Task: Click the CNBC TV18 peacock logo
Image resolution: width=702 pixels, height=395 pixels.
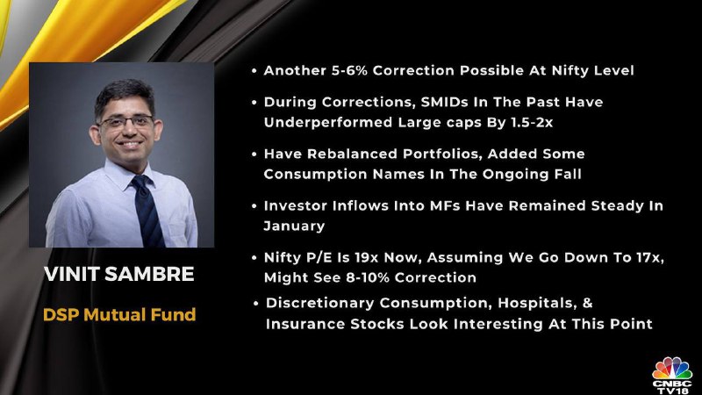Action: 672,376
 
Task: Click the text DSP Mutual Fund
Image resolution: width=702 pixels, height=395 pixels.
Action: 119,314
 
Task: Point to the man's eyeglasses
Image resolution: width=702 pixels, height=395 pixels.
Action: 125,121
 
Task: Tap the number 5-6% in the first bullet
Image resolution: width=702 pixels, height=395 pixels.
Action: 349,70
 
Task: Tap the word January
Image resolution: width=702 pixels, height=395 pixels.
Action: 294,226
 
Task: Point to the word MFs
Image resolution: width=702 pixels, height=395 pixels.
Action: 445,205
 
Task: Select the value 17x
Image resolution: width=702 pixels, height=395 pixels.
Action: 648,258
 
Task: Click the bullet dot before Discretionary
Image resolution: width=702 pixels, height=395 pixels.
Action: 255,304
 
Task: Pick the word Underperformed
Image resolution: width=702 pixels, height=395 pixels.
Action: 327,123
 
